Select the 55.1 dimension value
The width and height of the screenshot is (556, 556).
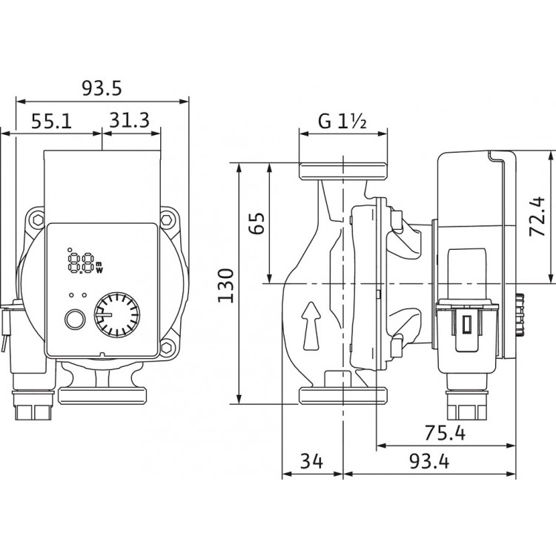tap(51, 120)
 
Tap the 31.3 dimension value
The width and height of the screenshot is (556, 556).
tap(129, 120)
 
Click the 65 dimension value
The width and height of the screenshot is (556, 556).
tap(257, 222)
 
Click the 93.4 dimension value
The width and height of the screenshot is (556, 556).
tap(431, 463)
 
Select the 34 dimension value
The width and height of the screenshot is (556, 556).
tap(312, 463)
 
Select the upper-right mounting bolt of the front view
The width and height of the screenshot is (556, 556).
tap(168, 219)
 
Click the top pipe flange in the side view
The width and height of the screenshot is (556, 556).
tap(342, 170)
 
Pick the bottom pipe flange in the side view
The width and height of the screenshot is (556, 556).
tap(342, 396)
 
